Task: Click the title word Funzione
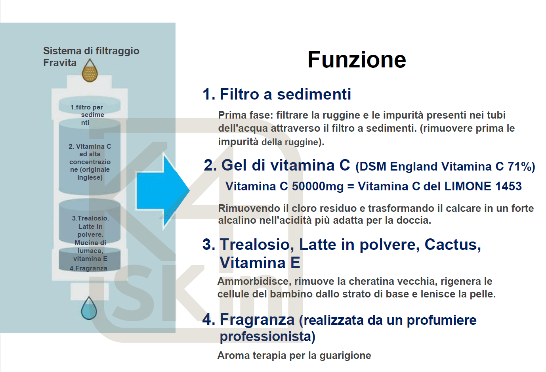tap(357, 60)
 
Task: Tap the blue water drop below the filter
tap(89, 309)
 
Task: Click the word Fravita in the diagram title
tap(60, 63)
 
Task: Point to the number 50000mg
tap(317, 186)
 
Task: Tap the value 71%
tap(521, 167)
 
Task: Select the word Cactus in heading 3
tap(452, 245)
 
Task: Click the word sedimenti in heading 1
tap(314, 94)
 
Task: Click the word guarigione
tap(345, 355)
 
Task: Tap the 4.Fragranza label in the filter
tap(88, 268)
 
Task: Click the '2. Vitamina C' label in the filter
tap(90, 146)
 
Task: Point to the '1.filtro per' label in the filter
tap(86, 107)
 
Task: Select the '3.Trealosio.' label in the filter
tap(90, 218)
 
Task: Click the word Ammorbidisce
tap(253, 281)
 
